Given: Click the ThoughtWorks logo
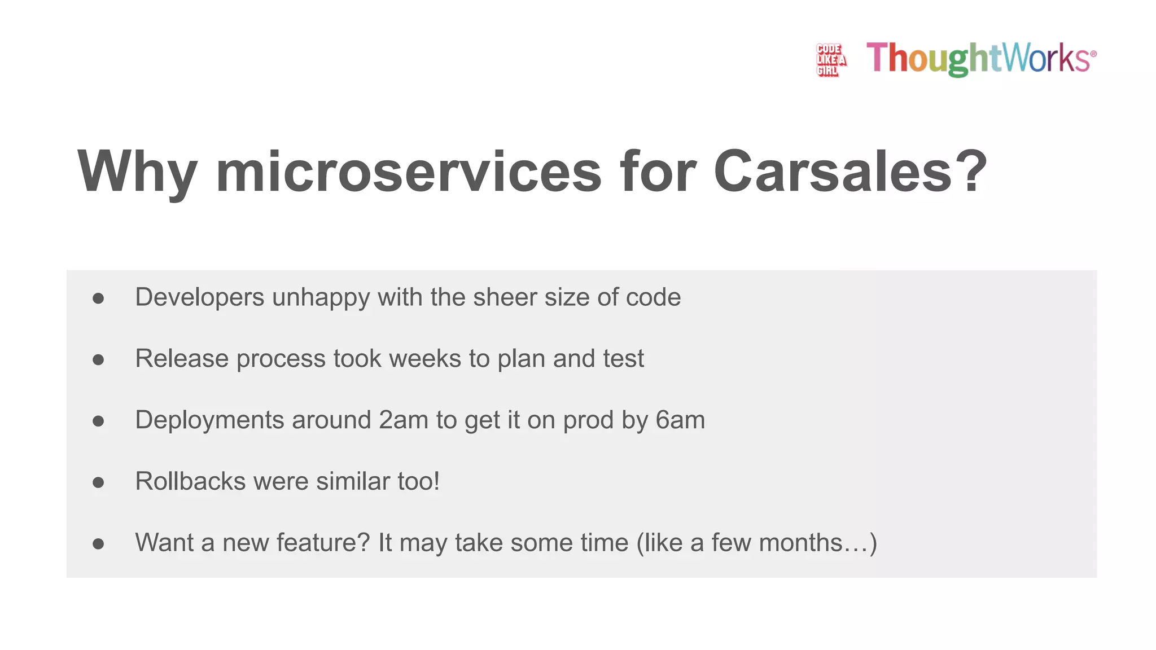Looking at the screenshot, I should click(x=981, y=58).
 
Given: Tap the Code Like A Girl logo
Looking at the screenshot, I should click(x=831, y=59).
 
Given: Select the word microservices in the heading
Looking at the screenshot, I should click(x=409, y=172).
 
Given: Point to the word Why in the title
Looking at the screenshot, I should click(x=137, y=173).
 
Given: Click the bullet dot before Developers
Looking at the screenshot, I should click(x=98, y=298).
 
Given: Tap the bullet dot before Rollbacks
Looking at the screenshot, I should click(x=98, y=482).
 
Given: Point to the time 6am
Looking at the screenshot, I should click(x=680, y=420).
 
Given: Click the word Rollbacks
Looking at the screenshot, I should click(x=190, y=482).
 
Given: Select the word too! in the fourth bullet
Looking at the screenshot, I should click(x=418, y=482).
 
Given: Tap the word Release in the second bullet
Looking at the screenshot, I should click(x=182, y=359).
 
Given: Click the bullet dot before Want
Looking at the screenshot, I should click(x=98, y=544).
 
